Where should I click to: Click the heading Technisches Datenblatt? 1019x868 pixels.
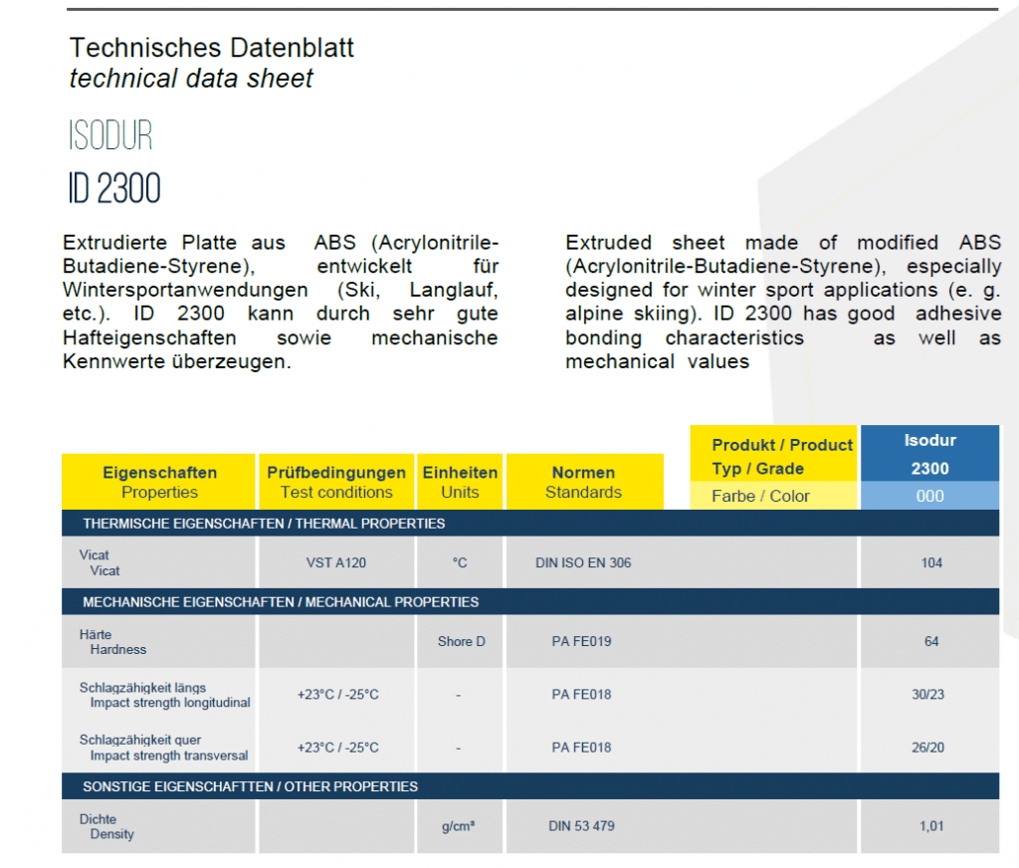pos(211,48)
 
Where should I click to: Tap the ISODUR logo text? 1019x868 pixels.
pos(110,135)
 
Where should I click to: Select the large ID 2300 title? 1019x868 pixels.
pos(114,188)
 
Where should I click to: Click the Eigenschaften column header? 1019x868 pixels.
pos(160,482)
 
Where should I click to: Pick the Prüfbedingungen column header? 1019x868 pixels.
pos(336,482)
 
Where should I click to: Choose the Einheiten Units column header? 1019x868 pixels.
pos(460,482)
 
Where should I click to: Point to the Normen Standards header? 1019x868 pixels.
pos(583,482)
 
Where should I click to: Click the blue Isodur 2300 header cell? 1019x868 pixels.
pos(930,454)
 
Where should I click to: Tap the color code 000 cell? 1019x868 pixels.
pos(930,496)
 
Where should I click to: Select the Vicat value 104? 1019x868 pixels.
pos(931,563)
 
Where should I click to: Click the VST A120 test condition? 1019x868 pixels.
pos(336,563)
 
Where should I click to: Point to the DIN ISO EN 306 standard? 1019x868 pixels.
pos(583,563)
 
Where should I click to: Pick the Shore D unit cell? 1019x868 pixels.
pos(462,642)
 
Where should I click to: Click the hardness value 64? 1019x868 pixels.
pos(931,642)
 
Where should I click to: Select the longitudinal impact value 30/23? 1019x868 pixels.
pos(928,695)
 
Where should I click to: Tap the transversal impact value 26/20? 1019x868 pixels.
pos(928,748)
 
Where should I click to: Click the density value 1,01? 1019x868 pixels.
pos(931,826)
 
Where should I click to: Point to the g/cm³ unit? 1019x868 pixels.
pos(458,826)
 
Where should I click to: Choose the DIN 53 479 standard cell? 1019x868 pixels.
pos(581,826)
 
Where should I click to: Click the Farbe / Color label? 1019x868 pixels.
pos(760,496)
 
